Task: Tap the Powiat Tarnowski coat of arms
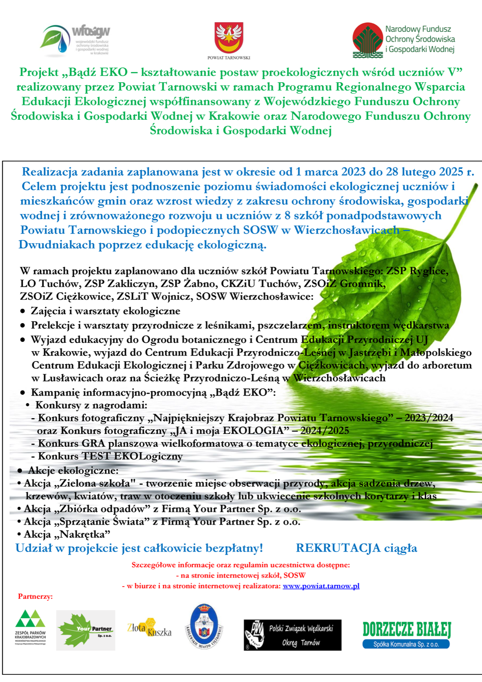pyautogui.click(x=228, y=38)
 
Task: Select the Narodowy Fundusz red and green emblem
pyautogui.click(x=367, y=40)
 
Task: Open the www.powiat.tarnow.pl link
pyautogui.click(x=321, y=586)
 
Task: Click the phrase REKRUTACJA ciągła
pyautogui.click(x=356, y=548)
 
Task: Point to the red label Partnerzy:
pyautogui.click(x=35, y=596)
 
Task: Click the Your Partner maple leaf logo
pyautogui.click(x=86, y=630)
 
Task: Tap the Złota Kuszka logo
pyautogui.click(x=149, y=628)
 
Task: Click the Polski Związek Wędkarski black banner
pyautogui.click(x=292, y=635)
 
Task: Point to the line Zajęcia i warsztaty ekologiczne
pyautogui.click(x=105, y=311)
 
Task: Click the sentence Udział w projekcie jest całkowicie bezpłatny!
pyautogui.click(x=139, y=548)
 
